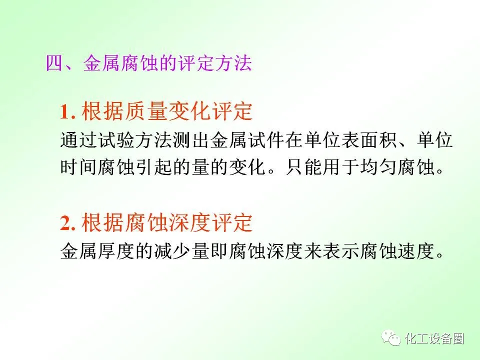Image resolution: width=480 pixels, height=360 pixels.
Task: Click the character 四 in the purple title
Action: tap(54, 63)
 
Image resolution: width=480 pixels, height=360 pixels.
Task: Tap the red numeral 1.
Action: tap(65, 111)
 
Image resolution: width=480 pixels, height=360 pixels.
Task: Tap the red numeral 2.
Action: tap(66, 223)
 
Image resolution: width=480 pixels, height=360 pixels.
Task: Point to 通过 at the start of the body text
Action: tap(79, 140)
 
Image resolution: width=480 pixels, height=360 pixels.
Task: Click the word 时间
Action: tap(79, 167)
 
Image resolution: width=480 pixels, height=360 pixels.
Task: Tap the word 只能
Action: tap(304, 167)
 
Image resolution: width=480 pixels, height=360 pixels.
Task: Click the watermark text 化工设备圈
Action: tap(434, 338)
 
